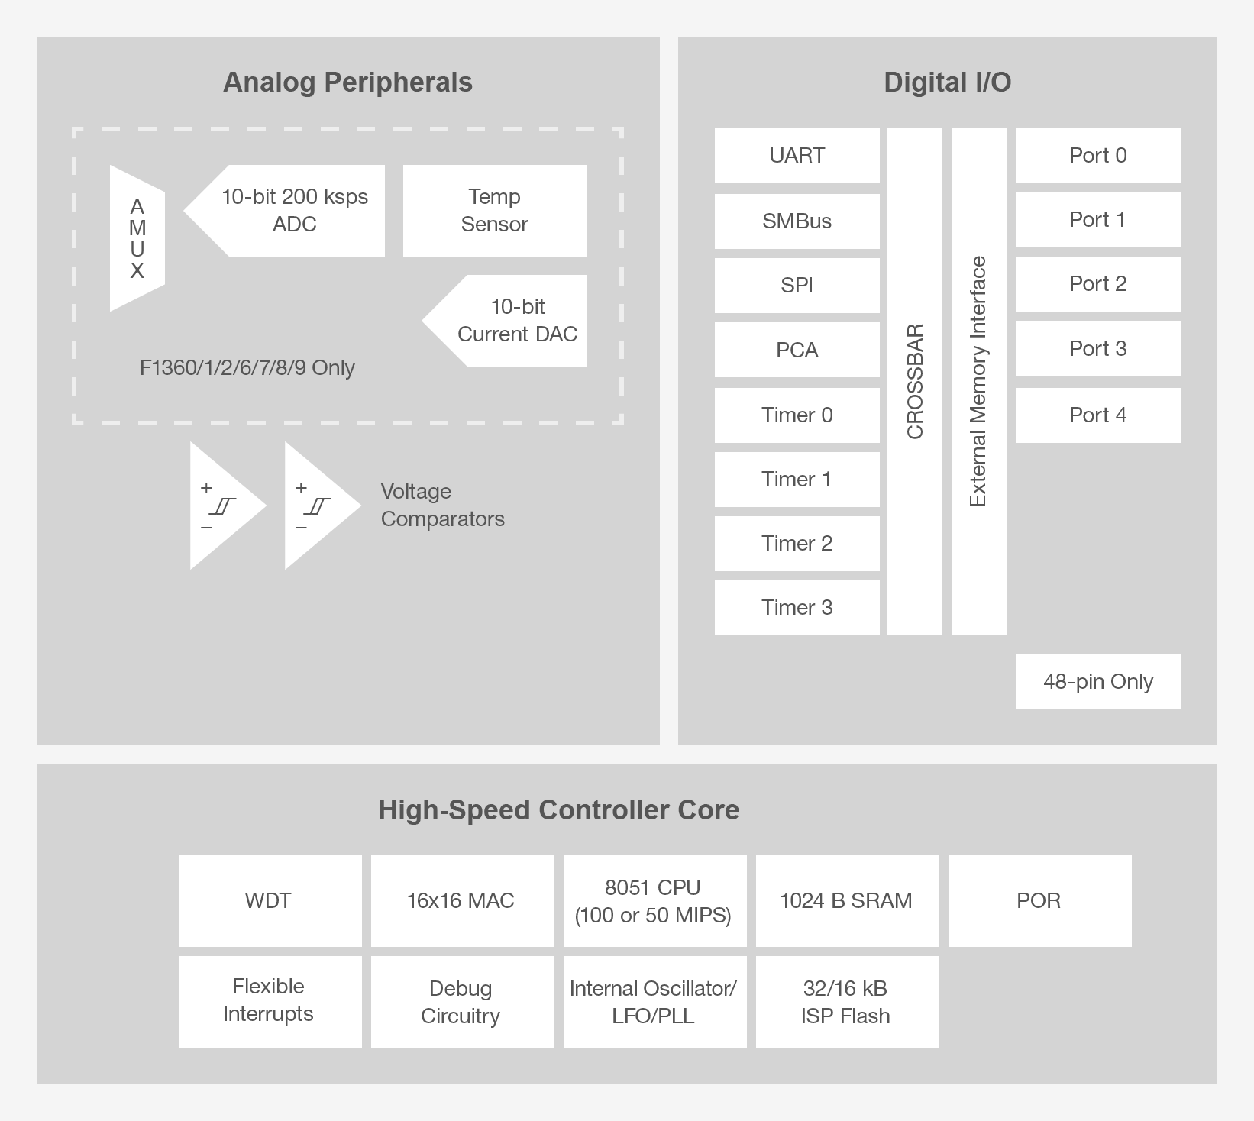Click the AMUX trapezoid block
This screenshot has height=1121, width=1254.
[137, 238]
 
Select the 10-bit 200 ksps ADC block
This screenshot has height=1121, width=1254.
[294, 211]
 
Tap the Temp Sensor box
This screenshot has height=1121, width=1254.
[494, 211]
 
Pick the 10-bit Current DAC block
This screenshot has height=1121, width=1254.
[517, 321]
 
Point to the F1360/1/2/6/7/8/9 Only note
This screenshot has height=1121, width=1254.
[247, 368]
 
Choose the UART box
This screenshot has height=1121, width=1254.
[797, 156]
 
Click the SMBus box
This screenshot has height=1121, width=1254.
[797, 221]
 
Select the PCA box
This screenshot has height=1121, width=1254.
[797, 350]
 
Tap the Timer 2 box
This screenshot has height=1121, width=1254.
[797, 544]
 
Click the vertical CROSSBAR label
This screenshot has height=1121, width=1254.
[915, 382]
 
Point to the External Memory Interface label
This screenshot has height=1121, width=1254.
[978, 382]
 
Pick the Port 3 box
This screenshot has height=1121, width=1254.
[1097, 348]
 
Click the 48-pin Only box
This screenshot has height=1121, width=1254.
[1097, 681]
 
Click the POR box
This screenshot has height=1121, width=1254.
[1039, 901]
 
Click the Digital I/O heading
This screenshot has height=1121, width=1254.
[947, 82]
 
